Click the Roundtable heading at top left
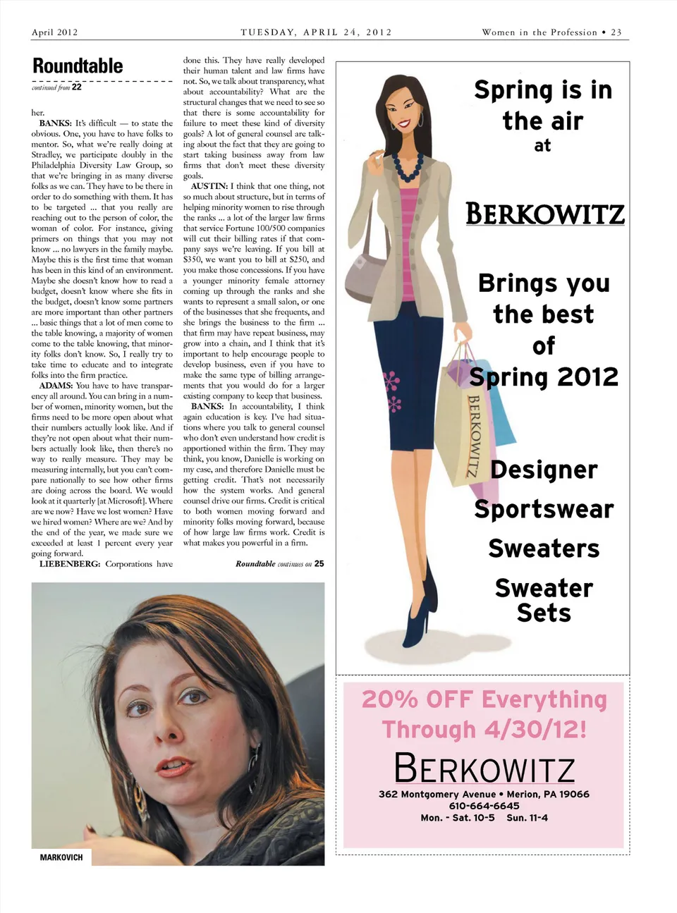click(x=78, y=66)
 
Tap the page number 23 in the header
click(x=616, y=32)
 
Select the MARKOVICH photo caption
click(x=61, y=857)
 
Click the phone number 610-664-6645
click(x=484, y=806)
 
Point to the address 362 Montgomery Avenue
click(x=437, y=794)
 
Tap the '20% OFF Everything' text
click(x=484, y=699)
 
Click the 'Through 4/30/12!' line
click(x=484, y=729)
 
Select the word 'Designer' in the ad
click(x=544, y=470)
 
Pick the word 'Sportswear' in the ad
click(x=544, y=509)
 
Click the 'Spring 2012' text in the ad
click(x=544, y=377)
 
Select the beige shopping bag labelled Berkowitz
click(x=462, y=423)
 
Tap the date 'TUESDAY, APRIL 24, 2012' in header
click(x=316, y=32)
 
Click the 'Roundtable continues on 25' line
click(x=279, y=564)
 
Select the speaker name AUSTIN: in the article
click(x=209, y=187)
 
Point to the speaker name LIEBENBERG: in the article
click(x=70, y=564)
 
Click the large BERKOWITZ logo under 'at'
click(x=544, y=214)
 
